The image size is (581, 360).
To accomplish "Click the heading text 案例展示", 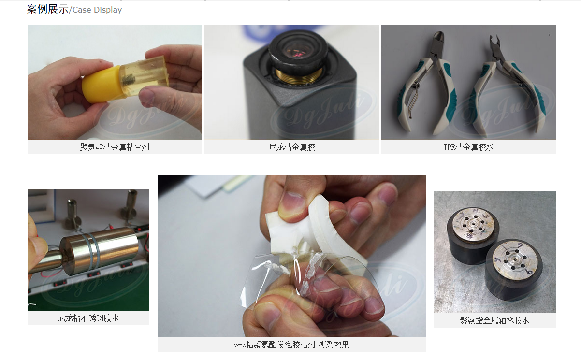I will click(x=47, y=9).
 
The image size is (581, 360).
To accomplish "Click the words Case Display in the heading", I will click(x=97, y=10).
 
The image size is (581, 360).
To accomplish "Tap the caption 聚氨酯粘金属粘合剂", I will click(x=115, y=147).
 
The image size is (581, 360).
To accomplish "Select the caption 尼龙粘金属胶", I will click(x=291, y=147).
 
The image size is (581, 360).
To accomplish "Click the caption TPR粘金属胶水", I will click(x=468, y=147).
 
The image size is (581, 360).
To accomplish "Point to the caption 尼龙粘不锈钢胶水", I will click(x=88, y=318).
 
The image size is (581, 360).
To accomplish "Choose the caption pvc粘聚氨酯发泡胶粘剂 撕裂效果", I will click(x=291, y=345).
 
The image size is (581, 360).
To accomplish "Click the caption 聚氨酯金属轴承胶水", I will click(x=494, y=320).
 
